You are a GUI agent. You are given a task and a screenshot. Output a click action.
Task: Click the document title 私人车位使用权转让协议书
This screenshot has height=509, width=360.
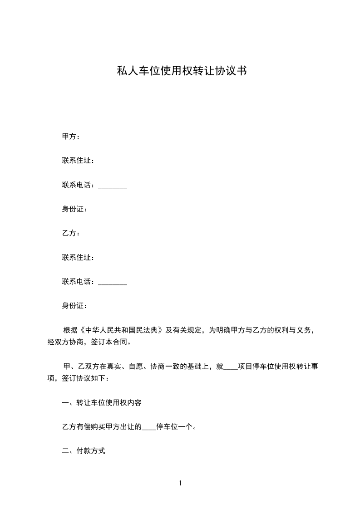pos(182,71)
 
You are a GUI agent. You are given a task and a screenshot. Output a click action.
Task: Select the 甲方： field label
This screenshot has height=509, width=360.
pos(71,137)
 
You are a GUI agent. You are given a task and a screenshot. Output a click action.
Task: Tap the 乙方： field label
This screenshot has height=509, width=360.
pos(71,233)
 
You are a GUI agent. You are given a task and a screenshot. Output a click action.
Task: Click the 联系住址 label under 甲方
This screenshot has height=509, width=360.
pos(78,161)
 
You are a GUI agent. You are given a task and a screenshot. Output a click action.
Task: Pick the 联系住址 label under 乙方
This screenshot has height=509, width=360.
pos(78,258)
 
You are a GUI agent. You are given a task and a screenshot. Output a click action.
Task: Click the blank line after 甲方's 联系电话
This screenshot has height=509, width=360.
pos(113,186)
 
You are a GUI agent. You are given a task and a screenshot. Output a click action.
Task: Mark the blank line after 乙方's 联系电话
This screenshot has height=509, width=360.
pos(113,283)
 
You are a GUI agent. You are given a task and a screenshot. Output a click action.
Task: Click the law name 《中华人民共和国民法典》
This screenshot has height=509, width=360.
pos(121,330)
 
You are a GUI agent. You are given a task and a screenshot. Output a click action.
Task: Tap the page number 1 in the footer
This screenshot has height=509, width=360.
pos(180,483)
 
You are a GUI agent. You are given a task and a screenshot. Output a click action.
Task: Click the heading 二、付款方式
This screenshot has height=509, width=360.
pos(84,451)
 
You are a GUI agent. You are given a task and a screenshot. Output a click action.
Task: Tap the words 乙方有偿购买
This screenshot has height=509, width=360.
pos(84,427)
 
